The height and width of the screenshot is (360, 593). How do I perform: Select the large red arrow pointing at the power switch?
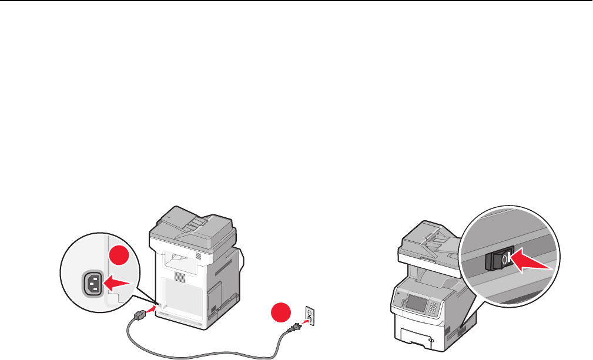click(x=532, y=262)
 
